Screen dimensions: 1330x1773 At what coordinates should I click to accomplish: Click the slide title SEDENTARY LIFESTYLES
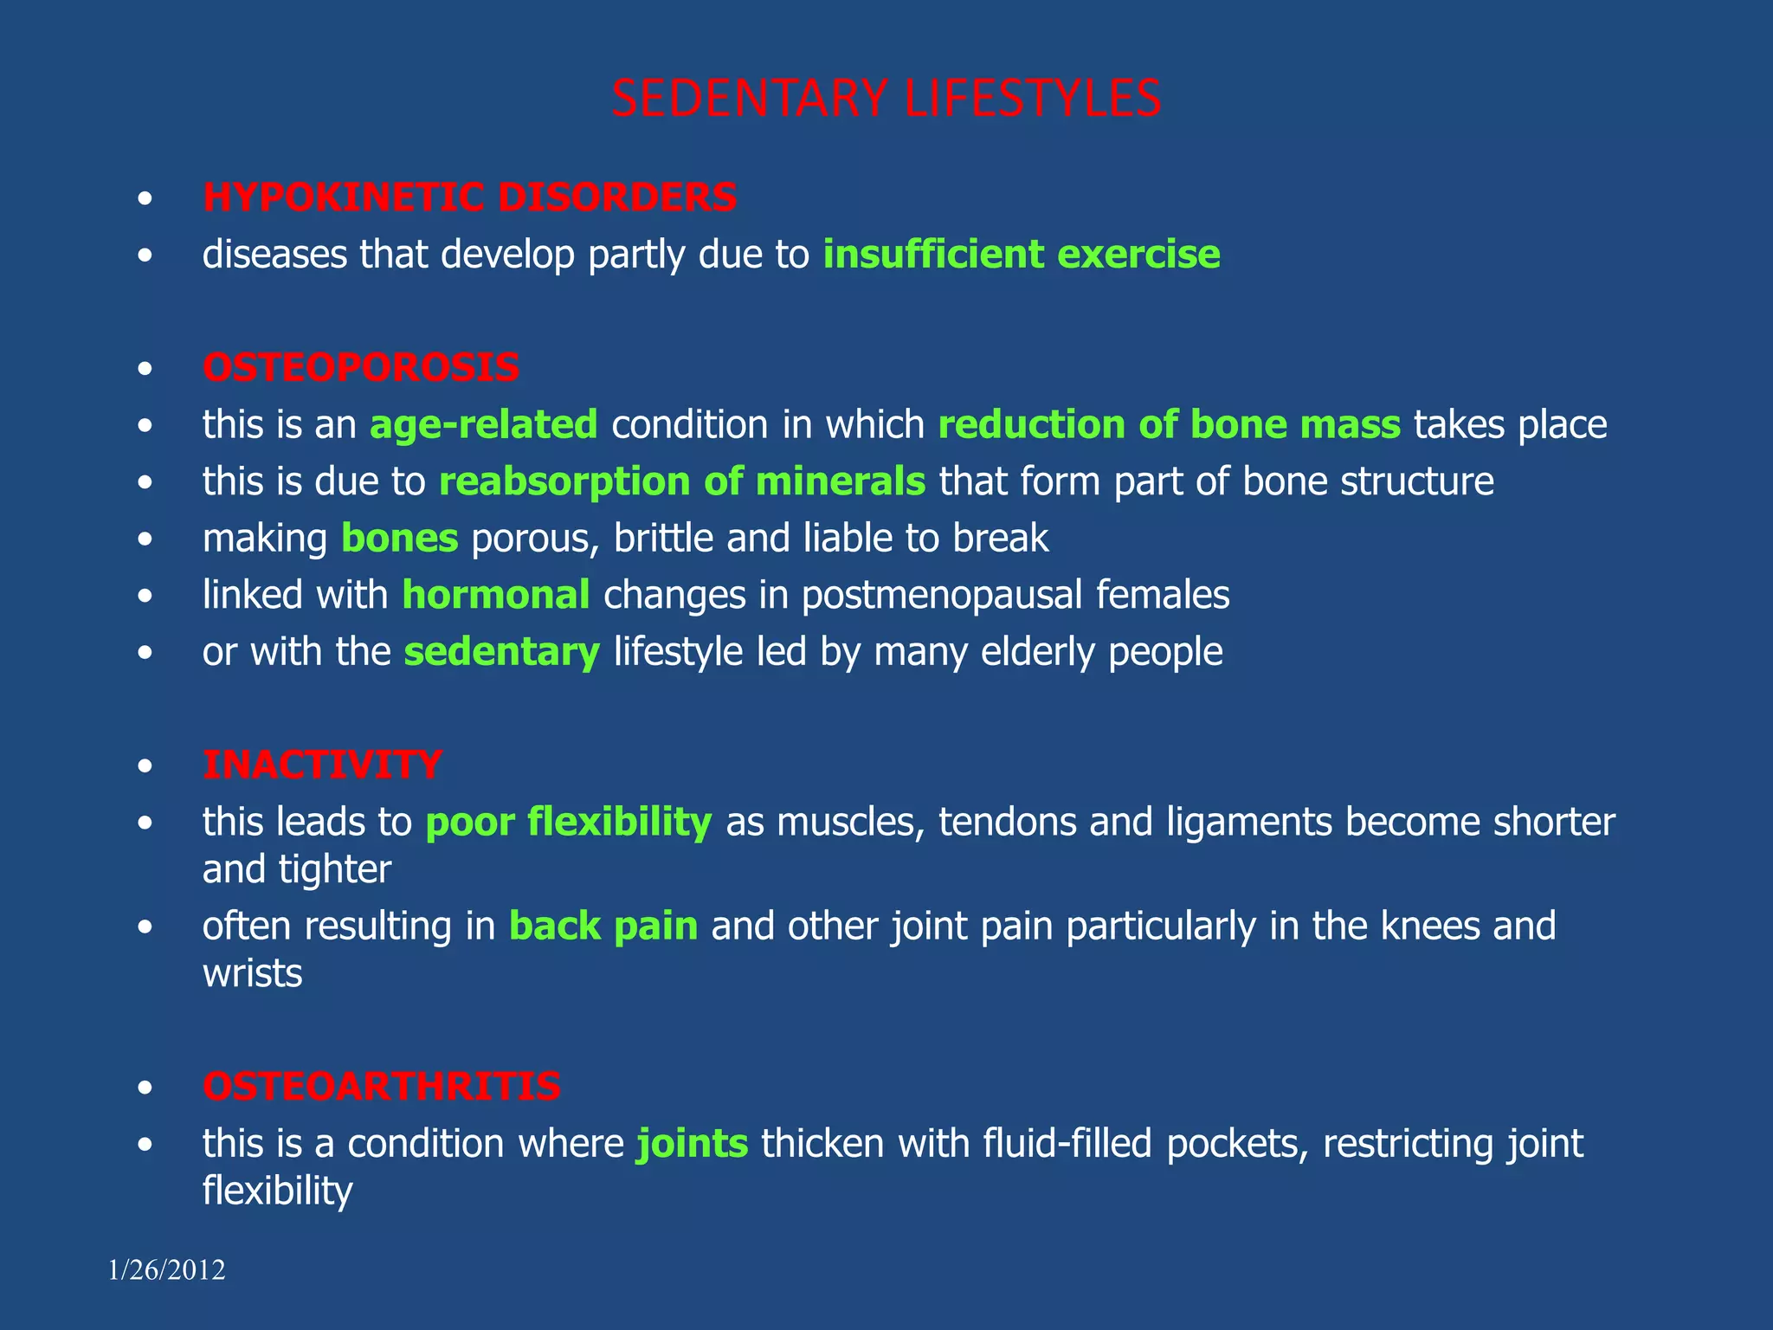pos(886,98)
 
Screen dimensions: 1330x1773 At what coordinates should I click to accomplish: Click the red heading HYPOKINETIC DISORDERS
pos(469,197)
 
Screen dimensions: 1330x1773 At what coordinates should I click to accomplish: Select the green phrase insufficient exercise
pos(1022,255)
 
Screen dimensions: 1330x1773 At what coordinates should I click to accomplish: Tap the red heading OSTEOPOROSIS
pos(361,368)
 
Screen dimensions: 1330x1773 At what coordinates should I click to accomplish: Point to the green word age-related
pos(483,425)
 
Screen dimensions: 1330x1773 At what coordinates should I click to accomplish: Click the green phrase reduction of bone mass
pos(1169,425)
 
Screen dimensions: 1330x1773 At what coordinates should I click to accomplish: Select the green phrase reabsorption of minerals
pos(682,481)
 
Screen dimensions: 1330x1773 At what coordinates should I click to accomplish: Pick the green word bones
pos(399,539)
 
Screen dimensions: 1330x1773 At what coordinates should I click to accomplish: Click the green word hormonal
pos(496,596)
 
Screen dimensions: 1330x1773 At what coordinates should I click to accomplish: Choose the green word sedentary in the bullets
pos(501,652)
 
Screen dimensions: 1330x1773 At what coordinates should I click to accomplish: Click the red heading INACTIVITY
pos(322,765)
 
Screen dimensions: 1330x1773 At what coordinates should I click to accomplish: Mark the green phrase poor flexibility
pos(569,822)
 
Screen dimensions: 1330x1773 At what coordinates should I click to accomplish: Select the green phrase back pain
pos(603,926)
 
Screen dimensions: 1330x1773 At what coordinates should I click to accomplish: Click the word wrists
pos(252,974)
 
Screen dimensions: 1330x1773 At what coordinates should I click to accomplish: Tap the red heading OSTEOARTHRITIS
pos(382,1087)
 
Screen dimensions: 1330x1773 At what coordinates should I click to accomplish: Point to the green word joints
pos(692,1144)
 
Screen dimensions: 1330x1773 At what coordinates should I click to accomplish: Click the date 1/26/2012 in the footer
pos(166,1270)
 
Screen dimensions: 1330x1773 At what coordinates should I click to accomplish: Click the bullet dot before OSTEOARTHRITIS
pos(145,1088)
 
